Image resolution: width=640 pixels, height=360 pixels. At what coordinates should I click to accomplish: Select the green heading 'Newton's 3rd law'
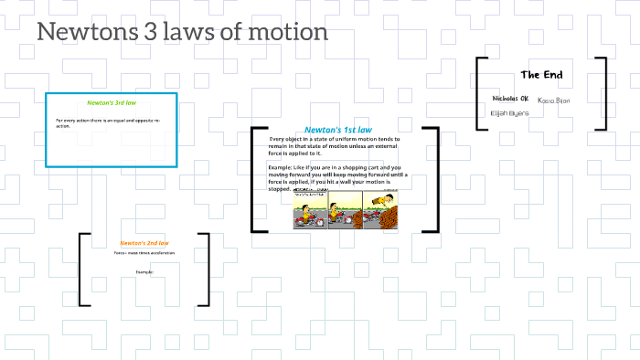pos(112,103)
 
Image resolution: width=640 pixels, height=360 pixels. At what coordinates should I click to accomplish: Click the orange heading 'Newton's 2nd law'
pos(144,243)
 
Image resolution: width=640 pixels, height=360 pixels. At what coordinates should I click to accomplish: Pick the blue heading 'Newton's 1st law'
pos(338,130)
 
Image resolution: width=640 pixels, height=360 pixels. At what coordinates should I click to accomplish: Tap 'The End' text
pos(541,75)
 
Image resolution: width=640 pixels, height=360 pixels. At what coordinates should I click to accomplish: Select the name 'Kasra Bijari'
pos(554,100)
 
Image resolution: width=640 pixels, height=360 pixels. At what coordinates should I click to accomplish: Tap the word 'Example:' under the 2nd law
pos(144,272)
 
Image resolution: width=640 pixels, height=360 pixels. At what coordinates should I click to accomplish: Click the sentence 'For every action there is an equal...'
pos(108,122)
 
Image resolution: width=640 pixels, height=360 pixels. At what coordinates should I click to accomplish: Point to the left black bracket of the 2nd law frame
pos(83,270)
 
